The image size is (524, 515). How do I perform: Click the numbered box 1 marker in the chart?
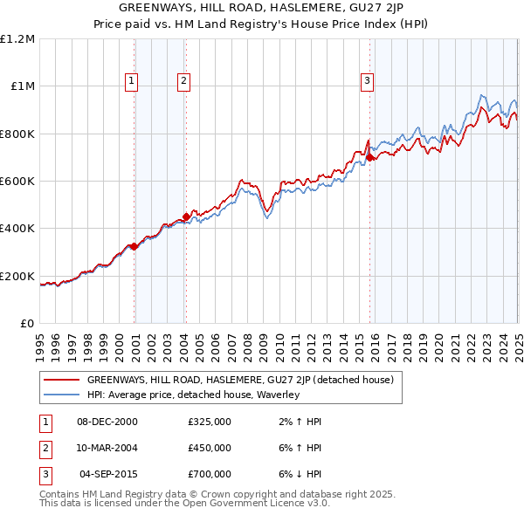tap(131, 81)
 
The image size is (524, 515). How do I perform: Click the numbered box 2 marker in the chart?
tap(184, 81)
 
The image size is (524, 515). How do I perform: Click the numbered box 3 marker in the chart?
tap(367, 81)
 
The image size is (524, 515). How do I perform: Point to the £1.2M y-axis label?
tap(18, 39)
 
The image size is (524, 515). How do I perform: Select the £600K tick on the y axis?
tap(18, 182)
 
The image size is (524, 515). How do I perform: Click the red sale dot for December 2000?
tap(134, 246)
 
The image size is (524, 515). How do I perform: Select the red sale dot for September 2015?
tap(369, 158)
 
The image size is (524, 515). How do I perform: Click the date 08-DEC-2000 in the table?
tap(107, 422)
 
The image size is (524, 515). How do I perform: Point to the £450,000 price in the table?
tap(210, 448)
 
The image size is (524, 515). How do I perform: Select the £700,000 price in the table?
tap(210, 474)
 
